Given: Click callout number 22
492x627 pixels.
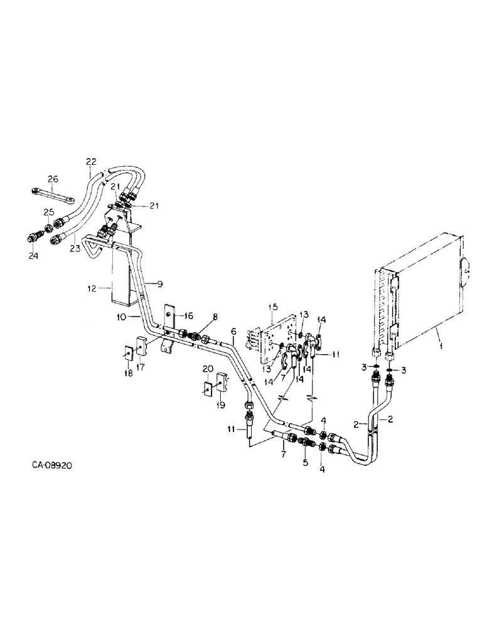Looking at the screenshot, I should (x=92, y=162).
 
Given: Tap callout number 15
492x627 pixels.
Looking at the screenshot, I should (x=272, y=307).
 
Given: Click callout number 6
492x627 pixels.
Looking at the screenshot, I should (x=233, y=330).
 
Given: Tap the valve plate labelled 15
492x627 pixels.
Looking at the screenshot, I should (x=276, y=339).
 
